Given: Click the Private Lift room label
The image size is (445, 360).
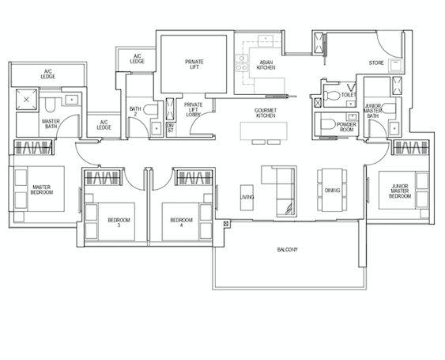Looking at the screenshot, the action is pos(194,64).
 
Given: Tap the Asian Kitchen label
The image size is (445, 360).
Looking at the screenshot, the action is pos(266,65).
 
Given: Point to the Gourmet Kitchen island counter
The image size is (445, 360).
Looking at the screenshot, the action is pos(264,131).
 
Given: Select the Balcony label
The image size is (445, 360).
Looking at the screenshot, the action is pos(288,249).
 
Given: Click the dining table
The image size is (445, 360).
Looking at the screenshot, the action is pos(332,190).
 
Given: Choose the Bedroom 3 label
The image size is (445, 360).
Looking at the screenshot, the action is pos(119,222).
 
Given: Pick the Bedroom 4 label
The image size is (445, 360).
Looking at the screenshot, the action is pos(181,222).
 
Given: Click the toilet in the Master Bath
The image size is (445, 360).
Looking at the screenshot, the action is pos(50,105).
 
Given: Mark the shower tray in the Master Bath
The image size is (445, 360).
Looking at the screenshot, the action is pos(26,99).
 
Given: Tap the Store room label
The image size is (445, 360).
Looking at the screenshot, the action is pos(376,63).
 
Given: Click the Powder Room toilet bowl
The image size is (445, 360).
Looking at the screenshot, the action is pos(328,124).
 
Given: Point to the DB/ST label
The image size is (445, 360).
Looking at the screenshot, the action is pos(170,128).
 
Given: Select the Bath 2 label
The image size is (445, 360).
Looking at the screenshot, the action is pos(135,112).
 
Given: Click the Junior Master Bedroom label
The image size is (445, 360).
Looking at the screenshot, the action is pos(400,191).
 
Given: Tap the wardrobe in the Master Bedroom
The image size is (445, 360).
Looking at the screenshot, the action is pos(34,147).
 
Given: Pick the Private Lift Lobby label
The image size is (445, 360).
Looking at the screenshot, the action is pos(194,109).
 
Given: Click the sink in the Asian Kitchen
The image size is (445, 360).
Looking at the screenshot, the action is pos(266,40).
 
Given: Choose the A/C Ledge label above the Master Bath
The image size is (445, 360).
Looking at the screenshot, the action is pos(48,74).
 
